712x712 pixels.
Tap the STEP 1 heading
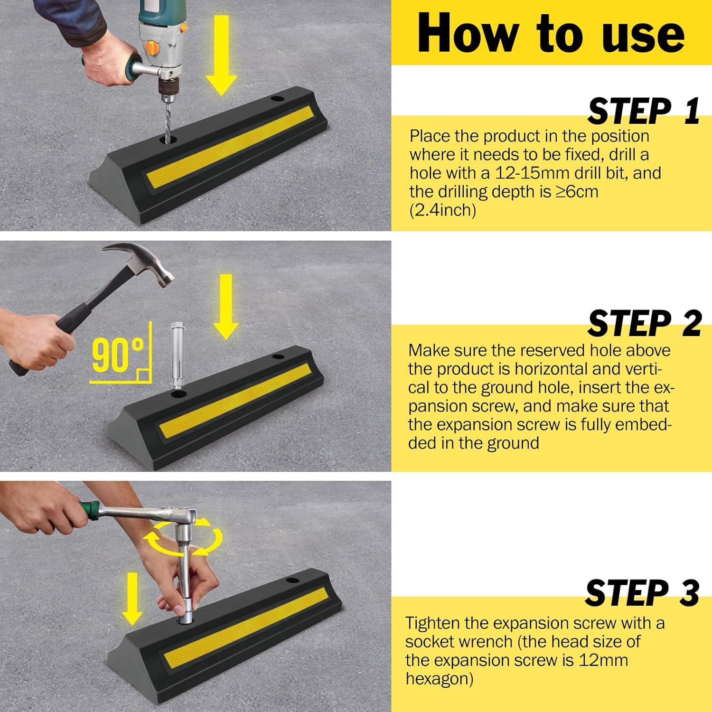click(x=644, y=111)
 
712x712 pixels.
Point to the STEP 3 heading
click(x=642, y=592)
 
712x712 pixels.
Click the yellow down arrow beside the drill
click(x=222, y=55)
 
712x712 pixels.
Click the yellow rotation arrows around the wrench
click(x=183, y=538)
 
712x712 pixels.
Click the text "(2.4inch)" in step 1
click(x=442, y=210)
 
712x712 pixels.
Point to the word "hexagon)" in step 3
click(x=439, y=679)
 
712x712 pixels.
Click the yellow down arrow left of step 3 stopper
click(x=132, y=599)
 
